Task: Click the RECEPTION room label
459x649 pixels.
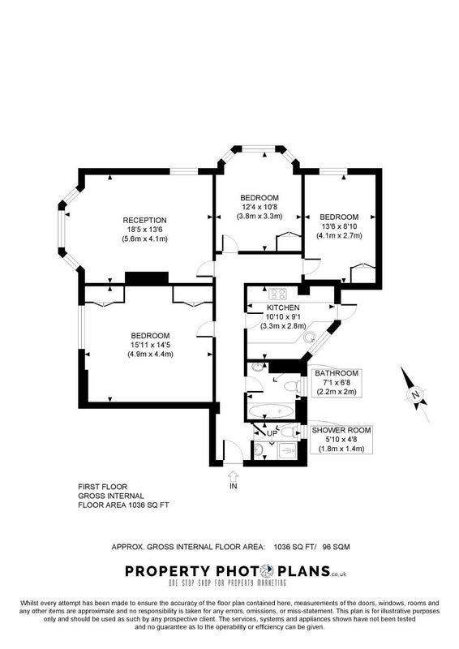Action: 144,220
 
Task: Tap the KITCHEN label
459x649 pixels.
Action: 283,308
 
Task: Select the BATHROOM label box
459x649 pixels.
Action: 337,382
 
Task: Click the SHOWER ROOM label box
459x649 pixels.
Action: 341,439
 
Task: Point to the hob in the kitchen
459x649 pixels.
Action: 277,294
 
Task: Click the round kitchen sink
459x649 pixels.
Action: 309,337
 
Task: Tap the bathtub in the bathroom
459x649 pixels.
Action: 272,411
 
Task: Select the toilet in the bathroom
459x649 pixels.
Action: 292,386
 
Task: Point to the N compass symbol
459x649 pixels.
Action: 415,394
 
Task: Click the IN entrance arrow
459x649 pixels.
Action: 234,475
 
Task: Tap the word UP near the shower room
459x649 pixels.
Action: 272,433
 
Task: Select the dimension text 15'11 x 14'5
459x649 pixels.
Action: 150,345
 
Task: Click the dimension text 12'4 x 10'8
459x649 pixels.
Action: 260,207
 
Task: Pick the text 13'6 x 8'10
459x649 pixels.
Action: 339,226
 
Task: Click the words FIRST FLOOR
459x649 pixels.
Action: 103,487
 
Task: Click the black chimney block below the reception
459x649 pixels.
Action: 147,277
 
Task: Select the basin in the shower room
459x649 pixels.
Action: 259,449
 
